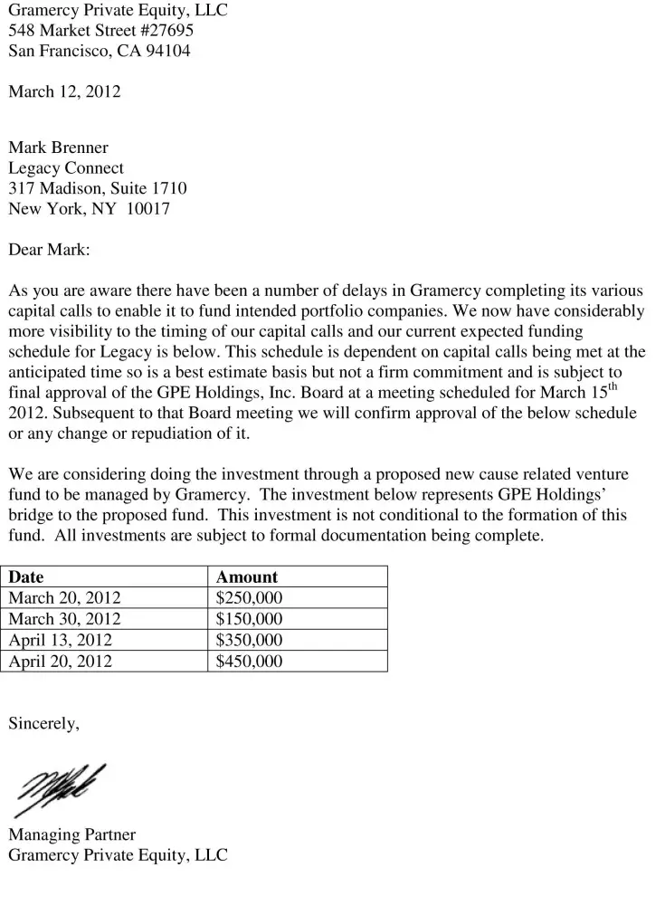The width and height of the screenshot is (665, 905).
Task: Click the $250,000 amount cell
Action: [x=249, y=598]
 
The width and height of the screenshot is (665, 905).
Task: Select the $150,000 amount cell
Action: [x=249, y=619]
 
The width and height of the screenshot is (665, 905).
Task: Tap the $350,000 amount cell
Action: [x=249, y=641]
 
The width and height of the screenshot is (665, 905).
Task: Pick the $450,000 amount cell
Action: [x=249, y=662]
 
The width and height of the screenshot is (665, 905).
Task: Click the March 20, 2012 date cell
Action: [x=64, y=598]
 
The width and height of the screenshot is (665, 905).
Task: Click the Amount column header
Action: [x=247, y=577]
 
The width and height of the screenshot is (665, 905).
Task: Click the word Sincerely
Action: [x=43, y=723]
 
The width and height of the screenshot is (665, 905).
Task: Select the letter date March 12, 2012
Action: [x=64, y=91]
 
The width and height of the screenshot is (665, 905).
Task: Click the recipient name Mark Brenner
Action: [x=58, y=148]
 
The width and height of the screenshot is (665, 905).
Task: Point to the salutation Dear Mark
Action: [x=49, y=250]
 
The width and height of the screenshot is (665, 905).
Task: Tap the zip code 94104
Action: [x=169, y=51]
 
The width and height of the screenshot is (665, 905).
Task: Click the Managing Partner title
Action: [x=71, y=834]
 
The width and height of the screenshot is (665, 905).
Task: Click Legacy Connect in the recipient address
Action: [x=66, y=168]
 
